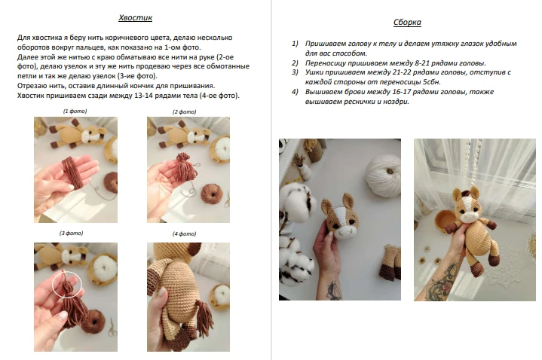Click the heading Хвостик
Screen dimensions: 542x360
(x=135, y=18)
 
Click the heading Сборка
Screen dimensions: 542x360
(x=407, y=23)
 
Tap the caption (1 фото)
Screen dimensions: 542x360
(x=75, y=111)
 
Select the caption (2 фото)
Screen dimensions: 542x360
(x=184, y=112)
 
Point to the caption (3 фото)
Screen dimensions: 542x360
(x=71, y=233)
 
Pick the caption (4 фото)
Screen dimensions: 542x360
(x=184, y=234)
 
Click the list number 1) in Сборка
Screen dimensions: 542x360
(x=295, y=44)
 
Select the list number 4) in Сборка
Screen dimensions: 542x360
(x=295, y=92)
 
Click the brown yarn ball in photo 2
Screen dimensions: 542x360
(x=211, y=194)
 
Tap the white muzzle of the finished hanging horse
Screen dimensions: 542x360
(x=467, y=217)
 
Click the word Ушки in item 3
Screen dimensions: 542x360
(x=314, y=72)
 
